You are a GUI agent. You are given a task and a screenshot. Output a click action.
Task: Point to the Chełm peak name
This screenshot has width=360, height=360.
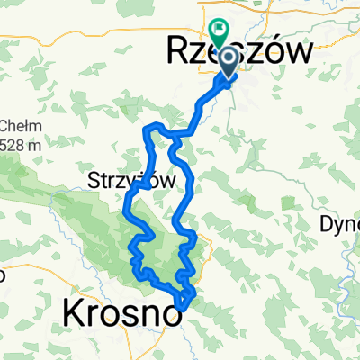click(17, 125)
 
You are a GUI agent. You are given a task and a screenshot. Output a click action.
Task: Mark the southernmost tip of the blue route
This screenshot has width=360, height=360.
click(183, 307)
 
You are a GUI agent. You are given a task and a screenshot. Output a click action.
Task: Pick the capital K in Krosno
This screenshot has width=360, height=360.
click(73, 314)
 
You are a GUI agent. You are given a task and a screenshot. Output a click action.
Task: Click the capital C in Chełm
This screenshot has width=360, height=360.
click(4, 125)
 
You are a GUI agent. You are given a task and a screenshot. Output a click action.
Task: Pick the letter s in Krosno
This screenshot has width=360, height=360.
click(117, 314)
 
